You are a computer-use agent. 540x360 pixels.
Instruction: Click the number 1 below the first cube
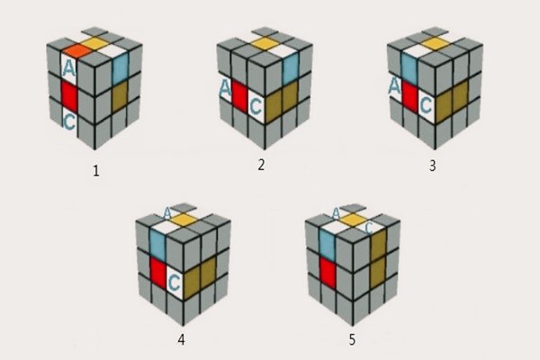[96, 171]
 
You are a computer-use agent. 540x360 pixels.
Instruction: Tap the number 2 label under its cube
[261, 165]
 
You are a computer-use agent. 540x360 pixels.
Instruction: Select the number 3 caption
[433, 166]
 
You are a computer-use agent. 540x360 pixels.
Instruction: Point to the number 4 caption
[181, 340]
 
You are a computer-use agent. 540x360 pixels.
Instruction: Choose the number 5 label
[352, 340]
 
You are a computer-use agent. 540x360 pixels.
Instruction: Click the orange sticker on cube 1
[77, 51]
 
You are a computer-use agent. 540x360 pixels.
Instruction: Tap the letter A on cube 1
[69, 69]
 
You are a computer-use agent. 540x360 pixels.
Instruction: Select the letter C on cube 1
[69, 122]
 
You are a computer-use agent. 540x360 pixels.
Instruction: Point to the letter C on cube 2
[256, 106]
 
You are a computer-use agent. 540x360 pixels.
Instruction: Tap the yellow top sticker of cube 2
[265, 44]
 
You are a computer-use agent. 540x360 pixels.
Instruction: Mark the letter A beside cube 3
[394, 86]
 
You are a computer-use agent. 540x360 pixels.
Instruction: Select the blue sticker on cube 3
[409, 67]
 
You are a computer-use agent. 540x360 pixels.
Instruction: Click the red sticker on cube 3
[409, 95]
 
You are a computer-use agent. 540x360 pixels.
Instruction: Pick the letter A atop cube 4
[167, 213]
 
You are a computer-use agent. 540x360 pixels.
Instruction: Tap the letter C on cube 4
[175, 283]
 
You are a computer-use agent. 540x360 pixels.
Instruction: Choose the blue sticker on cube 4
[157, 244]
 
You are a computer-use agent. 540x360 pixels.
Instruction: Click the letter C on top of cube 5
[369, 228]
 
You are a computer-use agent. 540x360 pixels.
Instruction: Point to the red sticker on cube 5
[328, 272]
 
